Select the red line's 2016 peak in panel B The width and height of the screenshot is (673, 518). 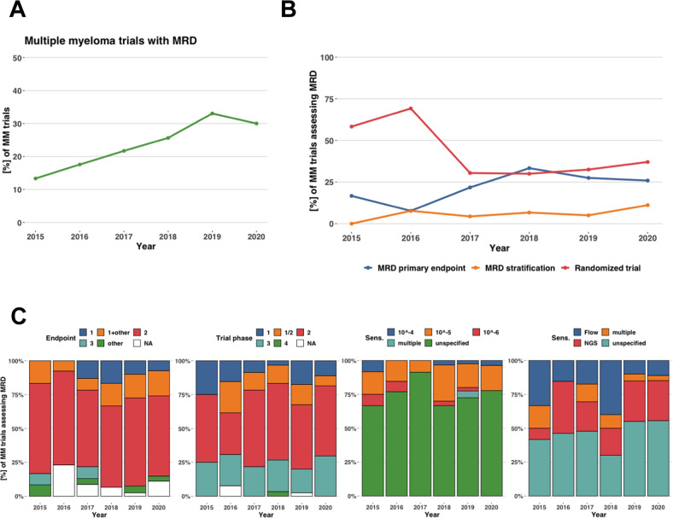(411, 108)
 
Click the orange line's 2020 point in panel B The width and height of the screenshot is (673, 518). (648, 205)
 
